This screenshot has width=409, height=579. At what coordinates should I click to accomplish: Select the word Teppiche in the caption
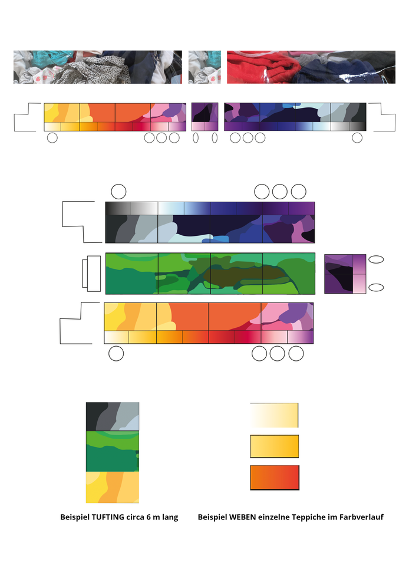[x=308, y=517]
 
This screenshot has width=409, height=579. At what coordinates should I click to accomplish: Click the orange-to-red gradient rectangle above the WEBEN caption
[x=275, y=478]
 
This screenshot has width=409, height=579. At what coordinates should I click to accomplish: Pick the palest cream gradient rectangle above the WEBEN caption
[x=274, y=416]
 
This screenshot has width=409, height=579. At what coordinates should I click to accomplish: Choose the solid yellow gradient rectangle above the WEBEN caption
[x=274, y=446]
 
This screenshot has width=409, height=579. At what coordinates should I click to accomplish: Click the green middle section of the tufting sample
[x=113, y=451]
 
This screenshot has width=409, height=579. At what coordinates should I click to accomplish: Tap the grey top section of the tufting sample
[x=113, y=416]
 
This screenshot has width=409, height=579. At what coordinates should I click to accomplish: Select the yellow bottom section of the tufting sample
[x=113, y=488]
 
